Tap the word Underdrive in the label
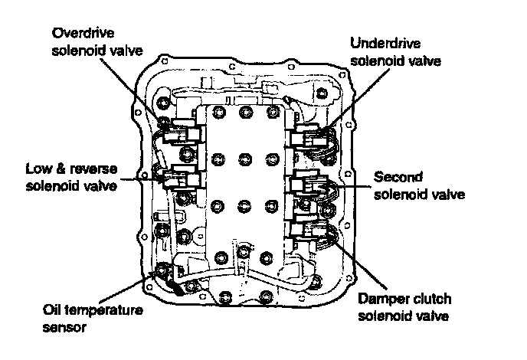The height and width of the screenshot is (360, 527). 385,42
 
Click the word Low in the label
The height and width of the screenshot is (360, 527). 38,169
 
